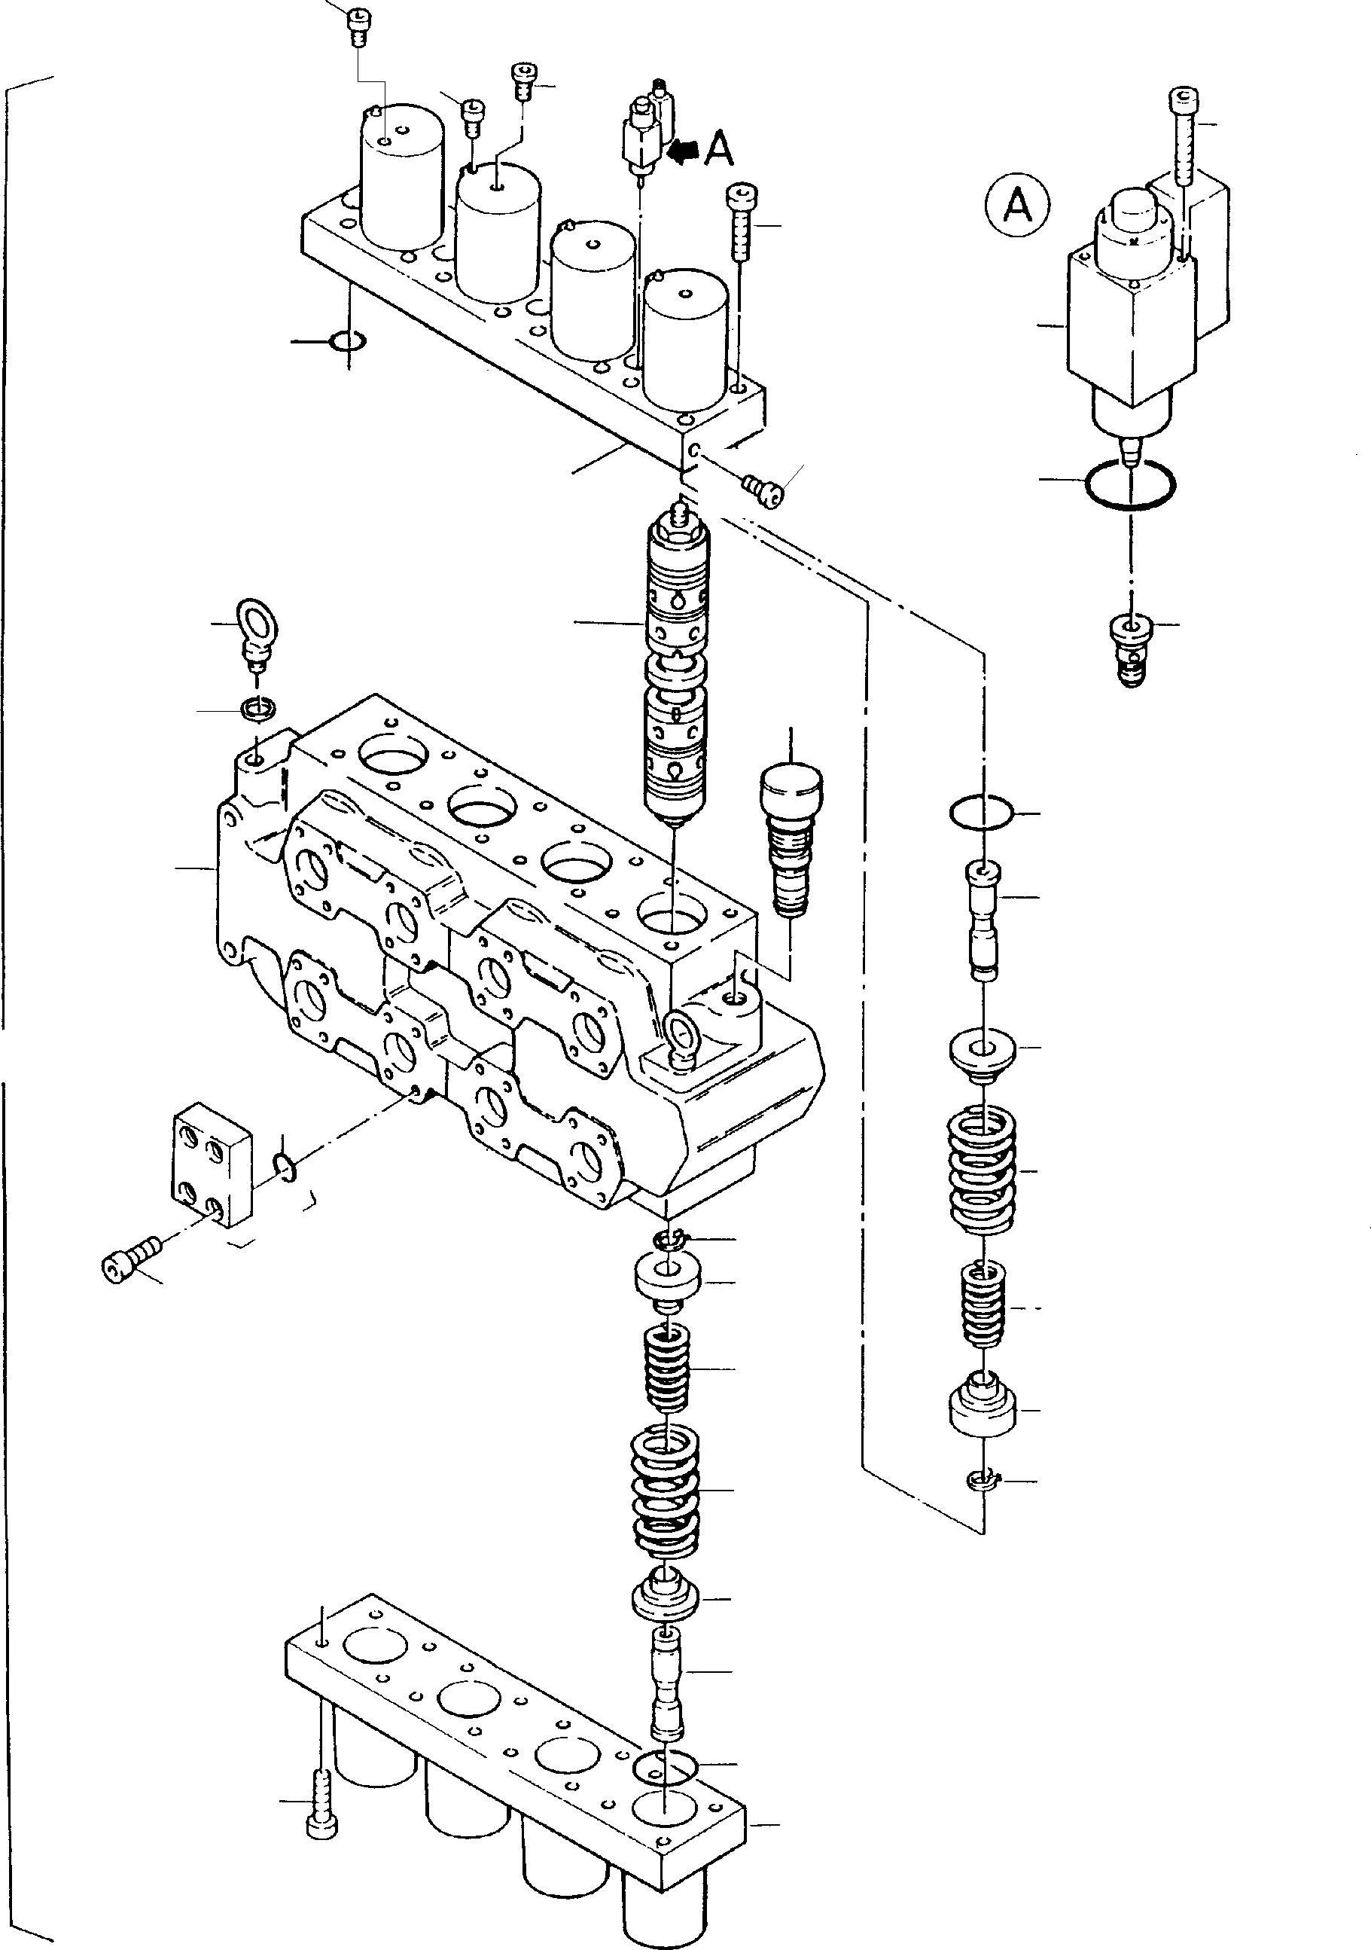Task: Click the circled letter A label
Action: [1017, 205]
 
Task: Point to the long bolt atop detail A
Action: [1184, 136]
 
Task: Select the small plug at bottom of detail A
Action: [1130, 651]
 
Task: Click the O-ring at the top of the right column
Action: [981, 813]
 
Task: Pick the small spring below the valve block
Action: [667, 1367]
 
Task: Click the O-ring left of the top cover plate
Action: [347, 341]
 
